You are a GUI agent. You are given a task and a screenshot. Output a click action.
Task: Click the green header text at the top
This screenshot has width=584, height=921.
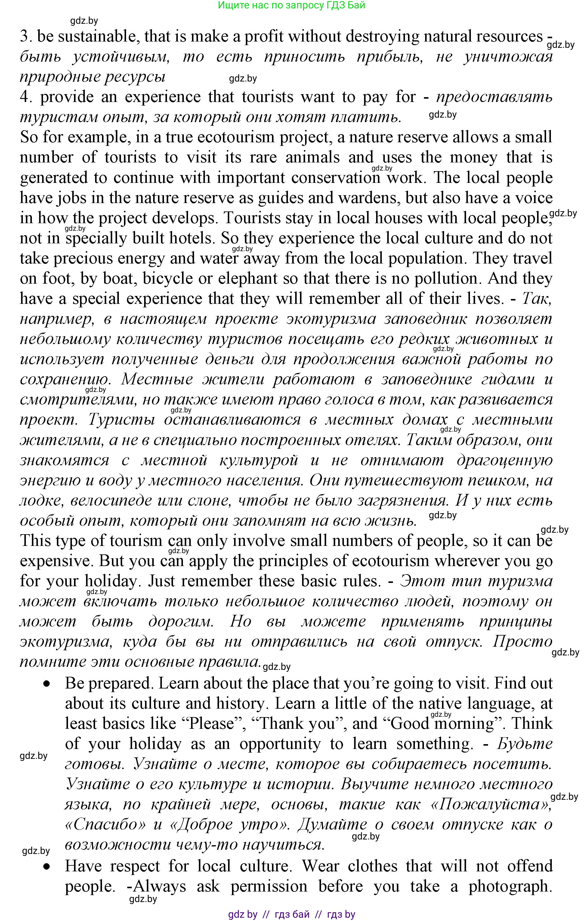292,5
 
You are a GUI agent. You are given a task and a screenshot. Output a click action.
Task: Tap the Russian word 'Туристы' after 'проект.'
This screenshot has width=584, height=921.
121,420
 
